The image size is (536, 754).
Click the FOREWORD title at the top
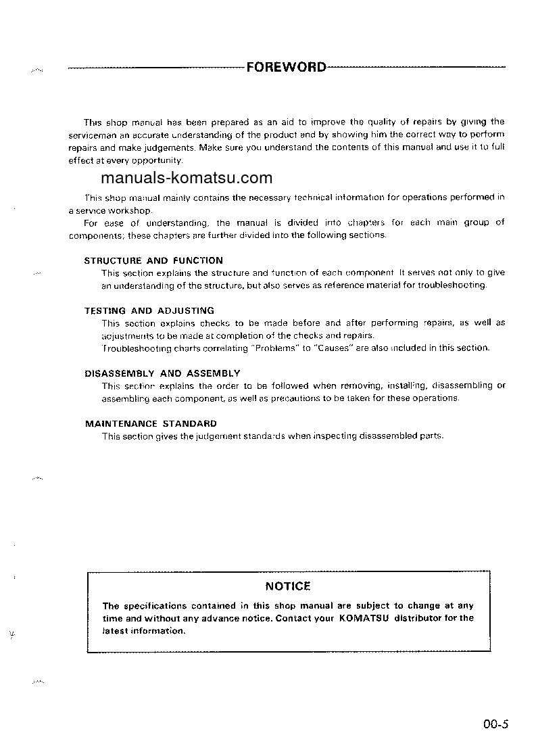point(287,68)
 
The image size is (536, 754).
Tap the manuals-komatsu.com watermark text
point(187,179)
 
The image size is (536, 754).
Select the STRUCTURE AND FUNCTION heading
point(153,260)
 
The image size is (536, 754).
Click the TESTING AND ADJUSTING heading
point(149,310)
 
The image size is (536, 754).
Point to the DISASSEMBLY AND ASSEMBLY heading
point(162,373)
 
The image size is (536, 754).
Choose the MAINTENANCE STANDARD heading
point(151,423)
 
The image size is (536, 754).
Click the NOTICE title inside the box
point(288,586)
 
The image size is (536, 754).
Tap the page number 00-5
point(495,725)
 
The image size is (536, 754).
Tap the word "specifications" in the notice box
point(145,606)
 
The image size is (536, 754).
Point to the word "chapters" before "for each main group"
point(365,222)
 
